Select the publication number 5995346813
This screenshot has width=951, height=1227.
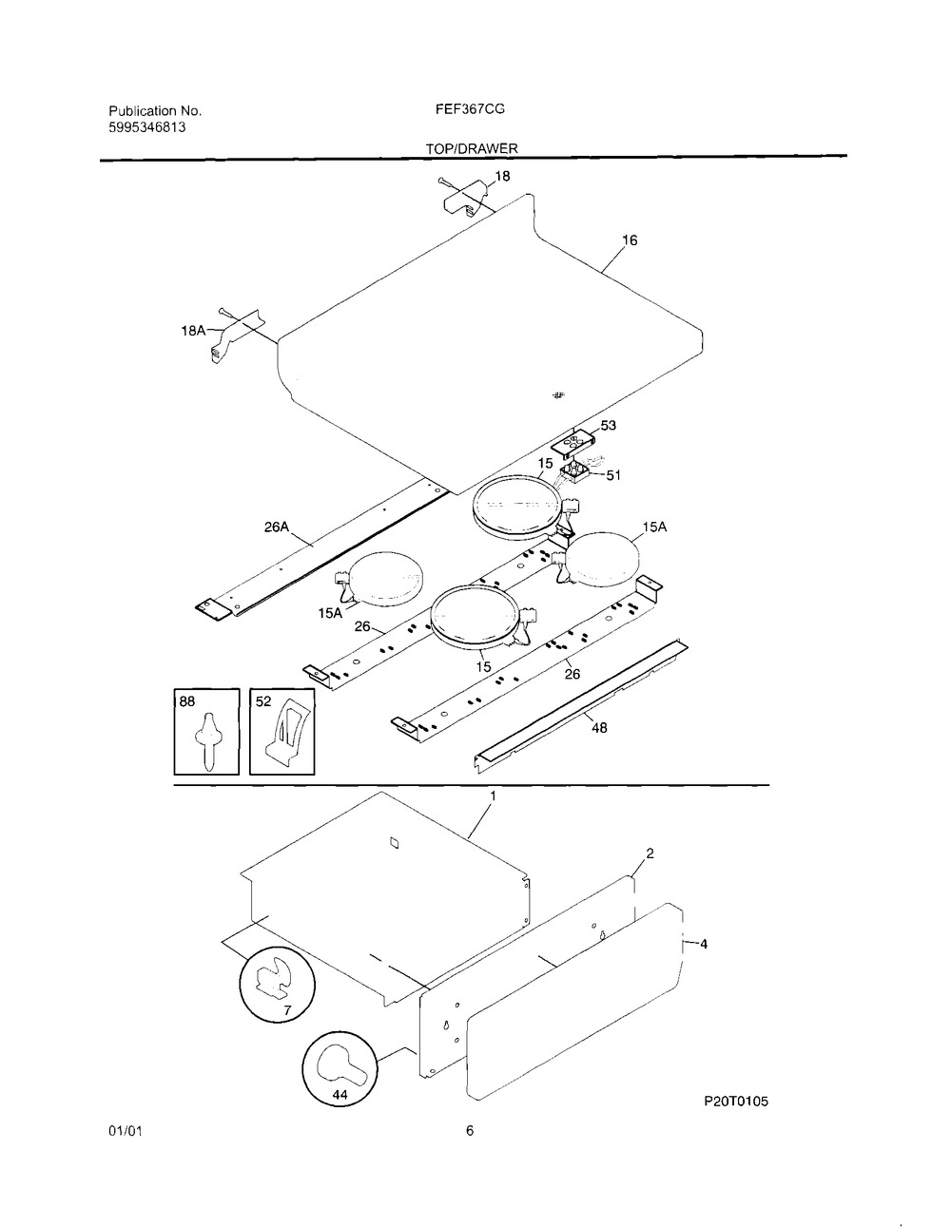point(146,127)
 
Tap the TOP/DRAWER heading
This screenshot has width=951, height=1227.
point(472,148)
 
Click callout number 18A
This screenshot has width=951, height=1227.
point(193,331)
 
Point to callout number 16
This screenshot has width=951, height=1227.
point(630,240)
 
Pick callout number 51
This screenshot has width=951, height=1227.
point(613,475)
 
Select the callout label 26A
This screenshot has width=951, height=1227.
point(277,527)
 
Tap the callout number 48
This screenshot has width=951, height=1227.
point(599,728)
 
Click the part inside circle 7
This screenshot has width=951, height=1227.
point(274,976)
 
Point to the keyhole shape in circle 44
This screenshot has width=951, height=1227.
point(345,1076)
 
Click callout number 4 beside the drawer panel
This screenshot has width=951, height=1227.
point(704,944)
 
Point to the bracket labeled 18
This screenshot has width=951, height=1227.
point(463,198)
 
